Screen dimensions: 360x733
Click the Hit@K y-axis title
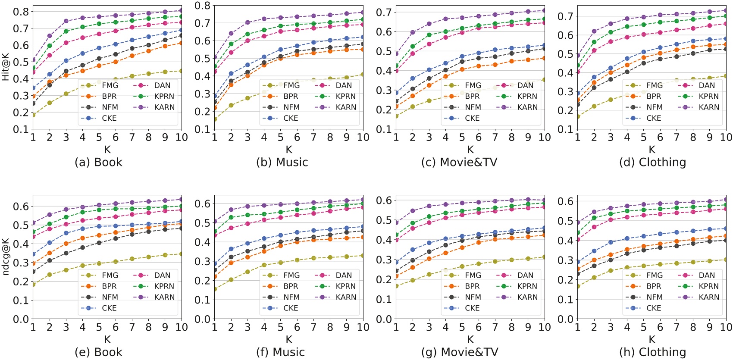(6, 67)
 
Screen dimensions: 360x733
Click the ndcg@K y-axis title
(6, 257)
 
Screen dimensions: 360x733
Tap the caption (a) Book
(98, 163)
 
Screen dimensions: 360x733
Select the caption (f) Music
(280, 352)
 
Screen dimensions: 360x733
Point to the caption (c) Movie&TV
(459, 163)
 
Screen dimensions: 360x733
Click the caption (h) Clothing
(652, 352)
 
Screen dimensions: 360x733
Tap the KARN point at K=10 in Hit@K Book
(182, 11)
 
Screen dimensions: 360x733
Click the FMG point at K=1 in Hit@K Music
(214, 119)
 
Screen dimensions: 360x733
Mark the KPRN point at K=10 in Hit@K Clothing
(726, 16)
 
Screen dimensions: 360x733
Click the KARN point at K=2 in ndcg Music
(231, 210)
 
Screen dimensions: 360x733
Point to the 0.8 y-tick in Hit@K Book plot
(21, 12)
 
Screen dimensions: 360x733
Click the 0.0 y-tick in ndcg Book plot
(21, 319)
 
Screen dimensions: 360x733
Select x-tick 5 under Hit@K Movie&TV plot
(462, 137)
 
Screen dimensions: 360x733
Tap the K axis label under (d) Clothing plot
(652, 150)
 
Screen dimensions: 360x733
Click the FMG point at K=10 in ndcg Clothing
(726, 260)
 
